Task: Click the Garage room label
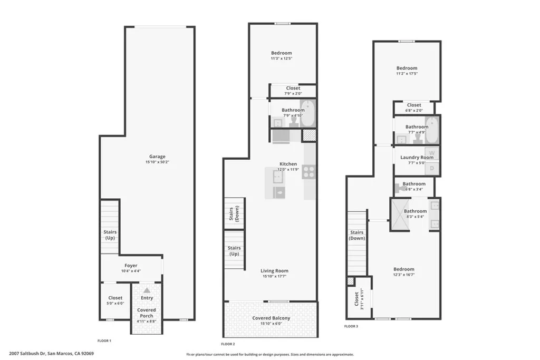157,157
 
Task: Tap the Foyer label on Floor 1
131,266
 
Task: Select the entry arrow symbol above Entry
147,290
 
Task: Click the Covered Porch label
147,313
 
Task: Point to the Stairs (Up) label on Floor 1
110,235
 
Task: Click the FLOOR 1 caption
104,341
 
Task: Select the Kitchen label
288,164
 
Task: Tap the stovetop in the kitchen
309,172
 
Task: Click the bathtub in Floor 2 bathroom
307,112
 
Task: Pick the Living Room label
274,271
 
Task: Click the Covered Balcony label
271,318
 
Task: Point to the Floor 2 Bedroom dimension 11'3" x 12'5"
281,59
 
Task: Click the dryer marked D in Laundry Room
432,169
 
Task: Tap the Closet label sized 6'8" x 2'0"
414,105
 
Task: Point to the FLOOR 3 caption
351,327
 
